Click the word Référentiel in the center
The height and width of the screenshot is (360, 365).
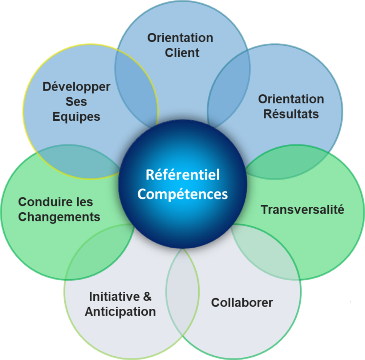(x=183, y=175)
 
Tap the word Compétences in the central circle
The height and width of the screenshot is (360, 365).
(x=183, y=194)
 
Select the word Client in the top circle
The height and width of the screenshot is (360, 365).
(x=182, y=53)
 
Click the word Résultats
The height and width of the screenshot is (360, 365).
(x=291, y=114)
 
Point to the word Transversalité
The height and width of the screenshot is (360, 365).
(x=303, y=210)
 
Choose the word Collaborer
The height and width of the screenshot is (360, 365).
(x=242, y=303)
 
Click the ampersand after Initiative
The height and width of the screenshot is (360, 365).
(x=147, y=297)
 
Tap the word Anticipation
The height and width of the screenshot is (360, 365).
(x=120, y=312)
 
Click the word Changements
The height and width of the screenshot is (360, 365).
(x=59, y=217)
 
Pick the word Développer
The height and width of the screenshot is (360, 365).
(x=76, y=87)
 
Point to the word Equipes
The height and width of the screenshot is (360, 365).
(x=76, y=117)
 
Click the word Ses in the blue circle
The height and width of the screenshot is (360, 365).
(x=76, y=102)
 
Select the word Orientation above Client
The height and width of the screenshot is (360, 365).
(x=180, y=38)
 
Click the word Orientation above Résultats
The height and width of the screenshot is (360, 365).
(x=291, y=99)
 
